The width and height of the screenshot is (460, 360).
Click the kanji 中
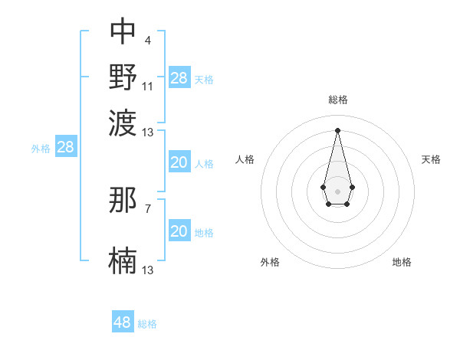123,31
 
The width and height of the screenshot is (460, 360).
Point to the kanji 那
123,200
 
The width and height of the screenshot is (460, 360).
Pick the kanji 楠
123,260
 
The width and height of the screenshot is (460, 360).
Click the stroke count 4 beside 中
147,41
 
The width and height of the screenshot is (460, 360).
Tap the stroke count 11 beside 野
148,86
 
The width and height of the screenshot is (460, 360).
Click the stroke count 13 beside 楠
148,270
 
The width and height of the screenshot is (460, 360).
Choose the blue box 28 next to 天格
179,78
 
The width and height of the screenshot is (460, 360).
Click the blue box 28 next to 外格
65,148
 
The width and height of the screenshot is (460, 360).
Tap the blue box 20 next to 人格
179,162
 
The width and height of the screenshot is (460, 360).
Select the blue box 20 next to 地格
179,231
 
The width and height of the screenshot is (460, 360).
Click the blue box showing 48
123,322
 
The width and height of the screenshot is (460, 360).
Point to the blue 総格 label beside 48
147,324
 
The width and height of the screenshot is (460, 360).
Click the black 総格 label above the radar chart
337,100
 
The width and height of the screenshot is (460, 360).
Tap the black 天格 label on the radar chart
431,159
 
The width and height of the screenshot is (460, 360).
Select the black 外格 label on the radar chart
270,262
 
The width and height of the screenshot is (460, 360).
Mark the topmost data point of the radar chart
337,129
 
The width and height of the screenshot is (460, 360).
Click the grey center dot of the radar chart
337,190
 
